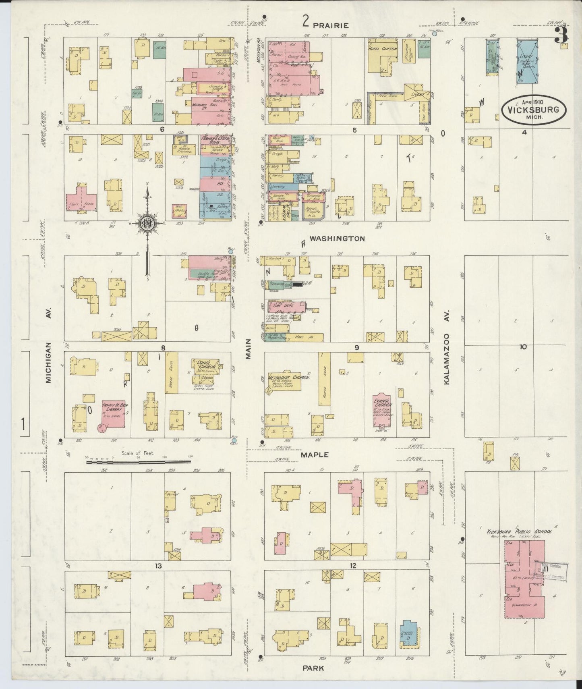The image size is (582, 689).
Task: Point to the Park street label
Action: (x=315, y=668)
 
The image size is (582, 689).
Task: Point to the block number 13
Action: (x=158, y=566)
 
